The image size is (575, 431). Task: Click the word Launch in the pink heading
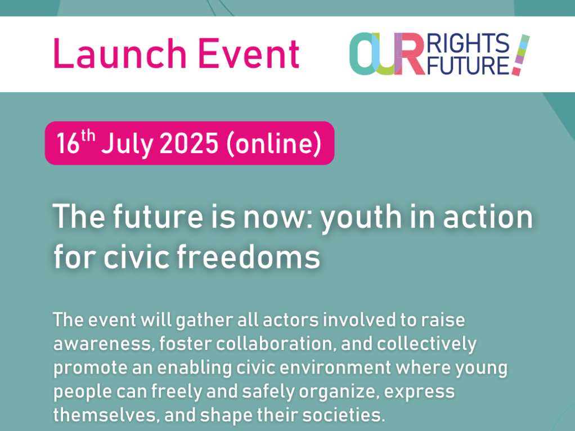120,53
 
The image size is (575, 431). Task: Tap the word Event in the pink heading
249,53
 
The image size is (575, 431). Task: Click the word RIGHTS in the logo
468,44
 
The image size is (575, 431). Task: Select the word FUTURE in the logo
468,65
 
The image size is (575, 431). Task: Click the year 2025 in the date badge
189,143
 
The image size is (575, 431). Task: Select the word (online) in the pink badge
274,144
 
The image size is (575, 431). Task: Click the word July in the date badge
127,144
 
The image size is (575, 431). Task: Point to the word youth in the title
361,218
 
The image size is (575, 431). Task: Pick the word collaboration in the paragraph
276,344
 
